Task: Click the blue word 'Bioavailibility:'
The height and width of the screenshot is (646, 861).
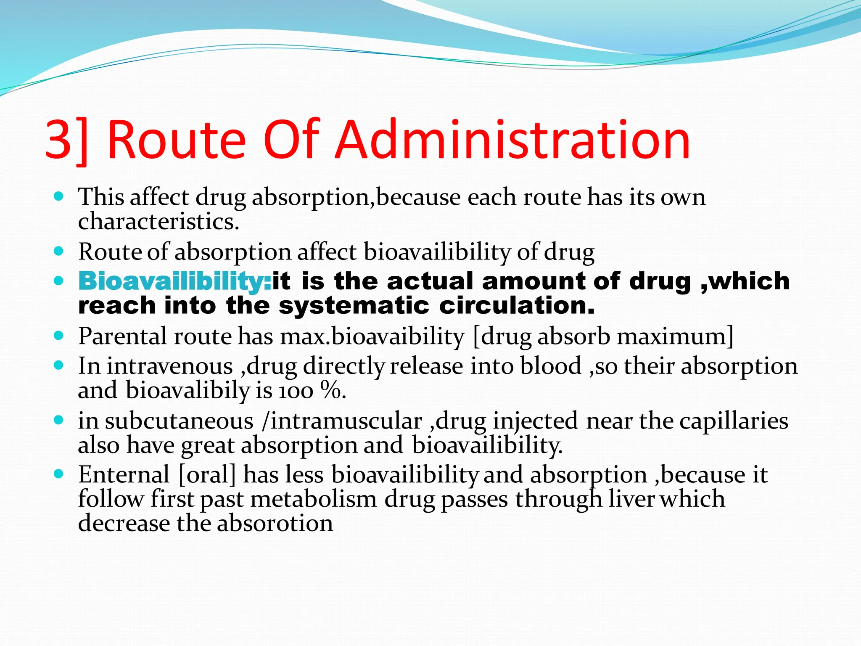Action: (x=174, y=281)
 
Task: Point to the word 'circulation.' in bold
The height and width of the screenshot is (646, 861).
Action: (x=517, y=305)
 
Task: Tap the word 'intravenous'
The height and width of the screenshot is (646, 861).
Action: (x=169, y=366)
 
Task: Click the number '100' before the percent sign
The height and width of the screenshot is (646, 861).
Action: (x=296, y=391)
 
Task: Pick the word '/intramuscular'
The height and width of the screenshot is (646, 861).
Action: (x=341, y=421)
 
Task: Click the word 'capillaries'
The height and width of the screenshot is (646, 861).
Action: (x=734, y=421)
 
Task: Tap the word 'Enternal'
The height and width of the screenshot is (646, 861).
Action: (x=124, y=475)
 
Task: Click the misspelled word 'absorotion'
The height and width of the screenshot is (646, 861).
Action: (x=275, y=524)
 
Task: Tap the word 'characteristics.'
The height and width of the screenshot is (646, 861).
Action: (x=158, y=222)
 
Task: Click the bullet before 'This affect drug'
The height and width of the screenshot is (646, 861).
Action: (x=59, y=196)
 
